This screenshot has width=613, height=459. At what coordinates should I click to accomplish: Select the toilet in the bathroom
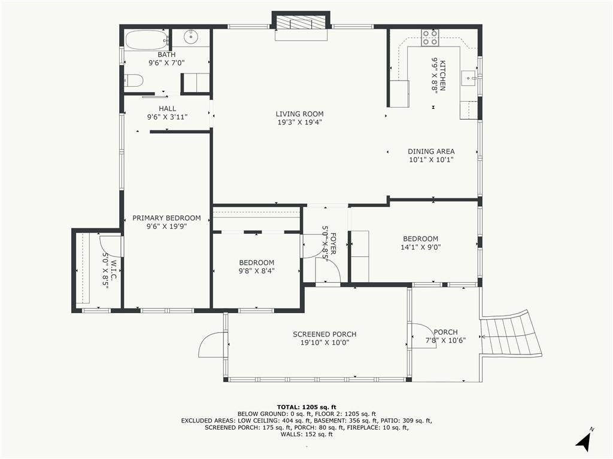134,81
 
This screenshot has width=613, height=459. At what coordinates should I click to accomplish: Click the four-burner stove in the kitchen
430,38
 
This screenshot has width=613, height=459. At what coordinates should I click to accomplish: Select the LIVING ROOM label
299,114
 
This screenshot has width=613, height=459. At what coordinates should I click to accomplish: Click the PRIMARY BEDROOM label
166,218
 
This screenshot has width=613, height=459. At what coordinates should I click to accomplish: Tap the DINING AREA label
431,151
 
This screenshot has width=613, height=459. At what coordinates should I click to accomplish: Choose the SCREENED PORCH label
324,334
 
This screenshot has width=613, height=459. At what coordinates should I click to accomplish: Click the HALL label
167,109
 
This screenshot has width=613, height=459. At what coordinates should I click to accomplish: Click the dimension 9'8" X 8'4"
256,271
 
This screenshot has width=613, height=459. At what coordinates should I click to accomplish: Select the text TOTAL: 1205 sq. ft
306,406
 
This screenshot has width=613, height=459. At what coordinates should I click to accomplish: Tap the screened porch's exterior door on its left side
213,345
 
